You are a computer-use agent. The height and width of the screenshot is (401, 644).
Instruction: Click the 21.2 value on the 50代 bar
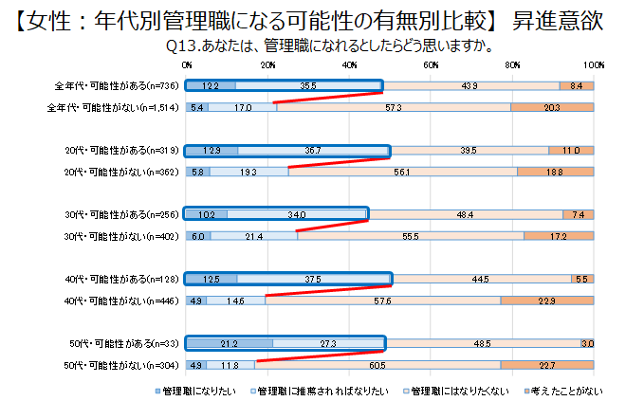[x=228, y=343]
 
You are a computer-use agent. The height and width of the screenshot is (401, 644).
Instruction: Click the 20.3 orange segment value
[x=552, y=108]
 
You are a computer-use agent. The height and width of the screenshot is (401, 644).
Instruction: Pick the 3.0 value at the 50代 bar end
[x=587, y=343]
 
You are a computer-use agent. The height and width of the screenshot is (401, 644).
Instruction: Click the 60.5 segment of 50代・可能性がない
[x=377, y=365]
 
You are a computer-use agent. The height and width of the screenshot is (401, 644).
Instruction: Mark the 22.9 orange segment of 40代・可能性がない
[x=546, y=301]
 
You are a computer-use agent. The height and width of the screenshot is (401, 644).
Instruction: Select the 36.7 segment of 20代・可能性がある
[x=314, y=151]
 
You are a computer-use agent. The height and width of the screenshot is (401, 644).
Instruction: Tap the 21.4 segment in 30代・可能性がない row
[x=253, y=236]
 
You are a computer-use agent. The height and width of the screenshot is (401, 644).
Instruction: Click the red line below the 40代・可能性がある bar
[x=327, y=290]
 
